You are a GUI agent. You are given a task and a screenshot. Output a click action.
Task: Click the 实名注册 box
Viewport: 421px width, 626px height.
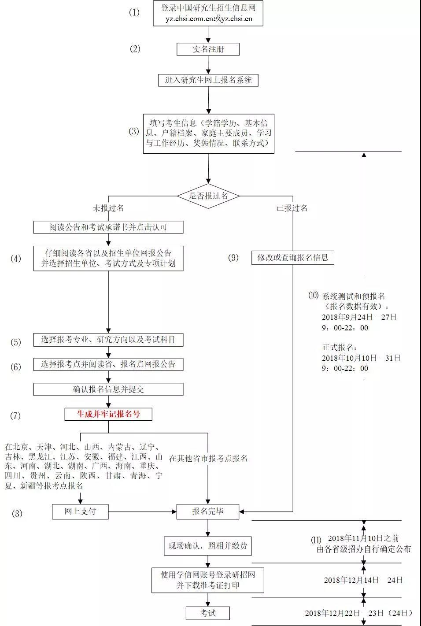click(x=208, y=49)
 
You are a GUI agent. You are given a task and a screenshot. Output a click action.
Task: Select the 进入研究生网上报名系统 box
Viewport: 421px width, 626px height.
click(x=208, y=80)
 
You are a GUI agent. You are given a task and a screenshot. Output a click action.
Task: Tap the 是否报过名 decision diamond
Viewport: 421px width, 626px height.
click(x=208, y=196)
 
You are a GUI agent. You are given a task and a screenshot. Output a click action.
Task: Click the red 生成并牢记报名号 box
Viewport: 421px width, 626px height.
click(x=108, y=414)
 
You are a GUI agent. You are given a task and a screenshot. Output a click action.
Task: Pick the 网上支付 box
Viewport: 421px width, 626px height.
click(x=80, y=511)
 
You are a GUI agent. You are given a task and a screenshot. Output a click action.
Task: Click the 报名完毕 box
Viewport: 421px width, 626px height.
click(x=208, y=511)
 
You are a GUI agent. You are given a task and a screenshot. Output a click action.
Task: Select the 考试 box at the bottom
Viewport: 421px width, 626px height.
click(x=208, y=613)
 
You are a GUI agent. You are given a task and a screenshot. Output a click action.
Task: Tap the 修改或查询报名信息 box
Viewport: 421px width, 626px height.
click(x=293, y=257)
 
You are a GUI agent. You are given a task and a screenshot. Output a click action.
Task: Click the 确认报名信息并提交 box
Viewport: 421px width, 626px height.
click(x=108, y=389)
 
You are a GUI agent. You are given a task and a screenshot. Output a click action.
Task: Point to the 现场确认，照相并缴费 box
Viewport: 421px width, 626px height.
click(x=208, y=547)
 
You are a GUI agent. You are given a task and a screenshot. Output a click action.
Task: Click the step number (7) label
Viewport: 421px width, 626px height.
click(x=15, y=415)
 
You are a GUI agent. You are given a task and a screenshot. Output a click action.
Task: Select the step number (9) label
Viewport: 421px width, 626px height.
click(x=233, y=258)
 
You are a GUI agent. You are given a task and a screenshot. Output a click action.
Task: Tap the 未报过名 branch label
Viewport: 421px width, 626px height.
click(x=108, y=208)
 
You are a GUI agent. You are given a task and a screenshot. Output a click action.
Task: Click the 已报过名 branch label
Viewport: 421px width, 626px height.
click(x=292, y=208)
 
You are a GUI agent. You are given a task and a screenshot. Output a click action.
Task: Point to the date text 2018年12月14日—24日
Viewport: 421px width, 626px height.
click(x=363, y=580)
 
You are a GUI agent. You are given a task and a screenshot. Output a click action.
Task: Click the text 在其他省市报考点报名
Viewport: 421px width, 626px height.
click(x=208, y=458)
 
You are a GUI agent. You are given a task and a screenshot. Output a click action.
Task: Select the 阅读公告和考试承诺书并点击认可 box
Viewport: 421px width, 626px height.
click(x=108, y=227)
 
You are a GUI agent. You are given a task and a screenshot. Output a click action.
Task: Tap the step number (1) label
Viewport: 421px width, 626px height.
click(x=134, y=12)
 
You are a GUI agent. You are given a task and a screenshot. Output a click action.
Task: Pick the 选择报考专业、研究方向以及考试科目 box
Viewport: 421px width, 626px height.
click(x=108, y=340)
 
